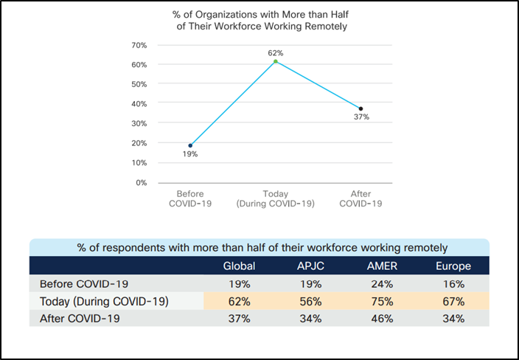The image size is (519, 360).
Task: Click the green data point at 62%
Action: pos(275,61)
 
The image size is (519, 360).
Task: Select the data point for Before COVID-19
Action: pos(190,145)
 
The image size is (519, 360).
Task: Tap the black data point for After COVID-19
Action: pos(360,108)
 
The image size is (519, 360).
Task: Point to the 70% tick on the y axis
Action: pos(139,45)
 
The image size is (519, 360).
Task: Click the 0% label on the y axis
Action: pos(141,182)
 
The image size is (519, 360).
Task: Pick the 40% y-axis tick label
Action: pos(139,103)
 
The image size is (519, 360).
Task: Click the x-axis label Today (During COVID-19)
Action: pos(275,199)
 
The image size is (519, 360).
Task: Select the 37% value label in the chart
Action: pos(360,117)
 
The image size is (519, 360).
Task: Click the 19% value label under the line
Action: pos(190,154)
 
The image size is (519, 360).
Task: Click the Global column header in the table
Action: pos(240,266)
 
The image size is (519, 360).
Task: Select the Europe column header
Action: pos(453,266)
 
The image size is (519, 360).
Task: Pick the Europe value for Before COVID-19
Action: pos(453,284)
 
